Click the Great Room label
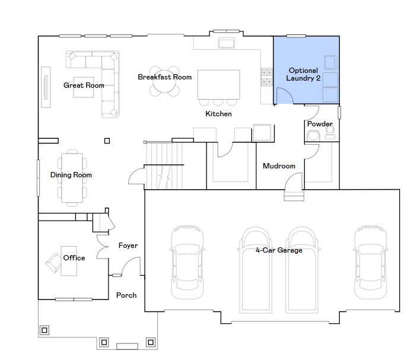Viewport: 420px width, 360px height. [x=84, y=85]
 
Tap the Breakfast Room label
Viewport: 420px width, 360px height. [x=165, y=77]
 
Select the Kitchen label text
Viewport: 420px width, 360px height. [x=218, y=114]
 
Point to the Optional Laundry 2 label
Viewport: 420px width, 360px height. [x=303, y=75]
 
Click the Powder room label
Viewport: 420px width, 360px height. [x=320, y=124]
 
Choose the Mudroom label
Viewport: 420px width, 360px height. [x=279, y=166]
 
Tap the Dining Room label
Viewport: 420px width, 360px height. [x=71, y=175]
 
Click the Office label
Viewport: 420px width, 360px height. [x=74, y=258]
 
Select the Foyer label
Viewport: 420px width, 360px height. [x=128, y=246]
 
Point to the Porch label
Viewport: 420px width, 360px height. [x=126, y=295]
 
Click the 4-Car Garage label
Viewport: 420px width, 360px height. [x=279, y=250]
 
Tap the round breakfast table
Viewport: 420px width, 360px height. [x=164, y=81]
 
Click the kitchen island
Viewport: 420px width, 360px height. [x=219, y=85]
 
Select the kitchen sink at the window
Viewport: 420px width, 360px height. [x=227, y=43]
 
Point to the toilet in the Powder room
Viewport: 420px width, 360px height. [x=330, y=132]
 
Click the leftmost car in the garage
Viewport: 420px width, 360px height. [x=187, y=262]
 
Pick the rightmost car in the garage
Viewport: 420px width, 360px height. [x=370, y=262]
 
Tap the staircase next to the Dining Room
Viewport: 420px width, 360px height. [x=164, y=165]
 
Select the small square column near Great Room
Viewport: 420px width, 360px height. [x=107, y=141]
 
